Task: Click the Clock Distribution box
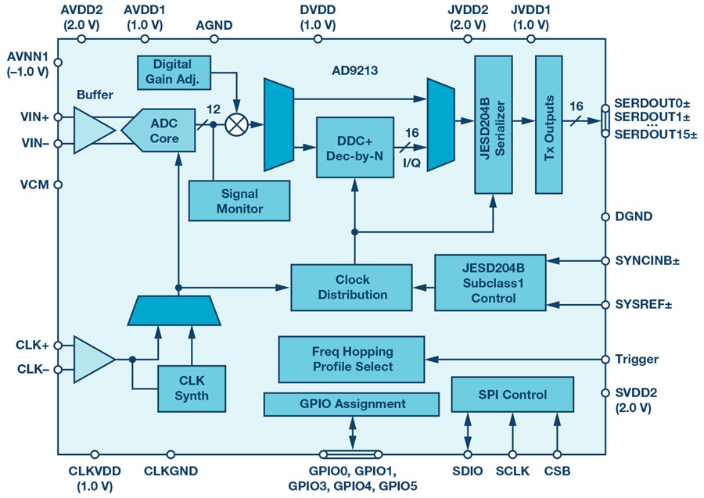(x=351, y=287)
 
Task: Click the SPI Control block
(x=512, y=395)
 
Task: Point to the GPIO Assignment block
(x=351, y=404)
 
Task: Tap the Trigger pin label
(x=638, y=360)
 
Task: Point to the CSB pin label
(x=558, y=471)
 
